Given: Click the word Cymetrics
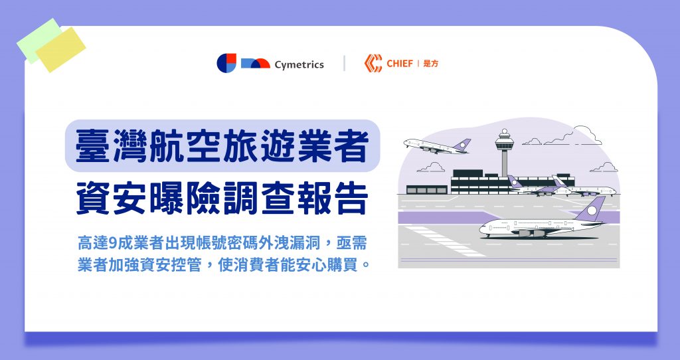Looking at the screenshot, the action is click(299, 64).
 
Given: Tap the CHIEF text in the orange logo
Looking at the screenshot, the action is click(399, 64).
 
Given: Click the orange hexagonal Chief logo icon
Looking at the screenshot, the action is click(373, 63).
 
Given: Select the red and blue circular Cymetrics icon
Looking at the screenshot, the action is click(226, 63).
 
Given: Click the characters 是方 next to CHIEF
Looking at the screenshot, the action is click(431, 64).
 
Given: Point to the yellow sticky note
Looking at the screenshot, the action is click(60, 50).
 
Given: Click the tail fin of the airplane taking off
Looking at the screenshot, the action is click(462, 144).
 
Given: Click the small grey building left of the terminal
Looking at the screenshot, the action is click(427, 189).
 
